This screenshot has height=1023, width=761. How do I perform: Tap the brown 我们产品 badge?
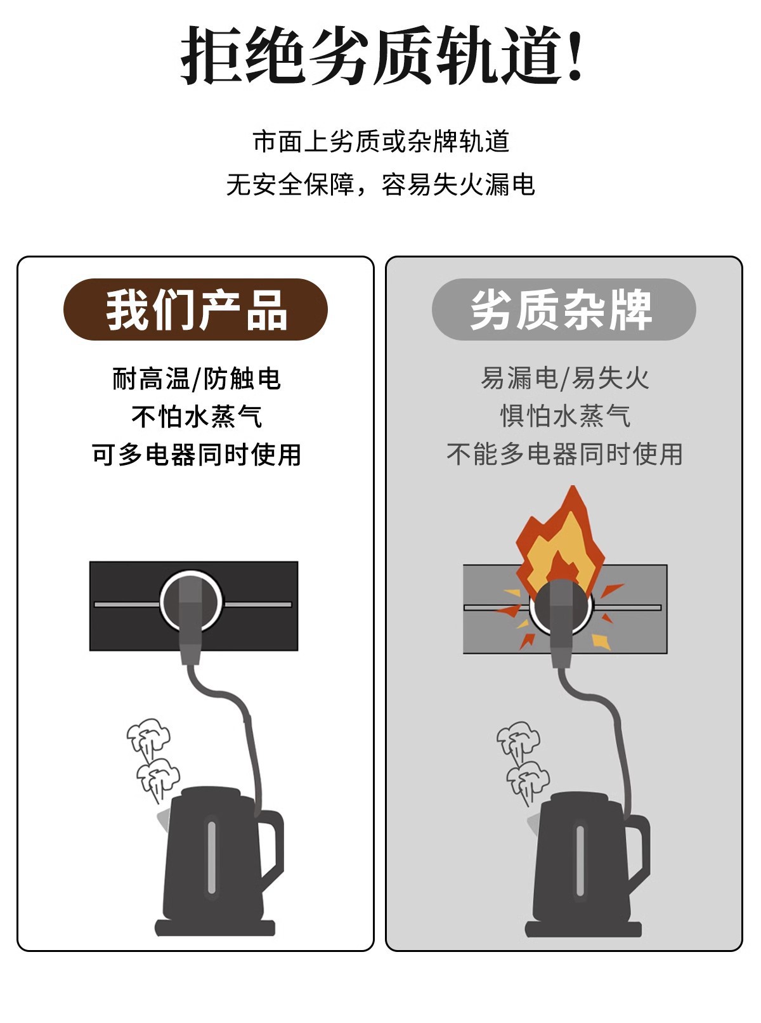(x=195, y=310)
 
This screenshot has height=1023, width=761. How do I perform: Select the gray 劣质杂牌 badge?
(x=563, y=310)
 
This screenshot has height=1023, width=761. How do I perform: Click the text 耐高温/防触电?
(x=196, y=379)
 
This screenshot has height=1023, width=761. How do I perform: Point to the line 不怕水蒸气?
(x=197, y=417)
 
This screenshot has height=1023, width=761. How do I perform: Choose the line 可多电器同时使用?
(x=196, y=455)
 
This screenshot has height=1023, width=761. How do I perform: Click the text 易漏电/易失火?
(x=564, y=379)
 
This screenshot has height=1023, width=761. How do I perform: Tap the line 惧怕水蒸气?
(x=565, y=417)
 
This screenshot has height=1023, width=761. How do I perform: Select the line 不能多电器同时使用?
(x=564, y=455)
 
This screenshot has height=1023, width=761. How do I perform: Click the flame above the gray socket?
(x=558, y=539)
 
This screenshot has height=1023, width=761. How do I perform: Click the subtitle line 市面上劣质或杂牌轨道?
(x=380, y=141)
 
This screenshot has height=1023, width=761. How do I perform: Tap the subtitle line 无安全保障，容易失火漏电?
(x=380, y=185)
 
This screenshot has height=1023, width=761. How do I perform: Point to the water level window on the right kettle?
(x=579, y=861)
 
